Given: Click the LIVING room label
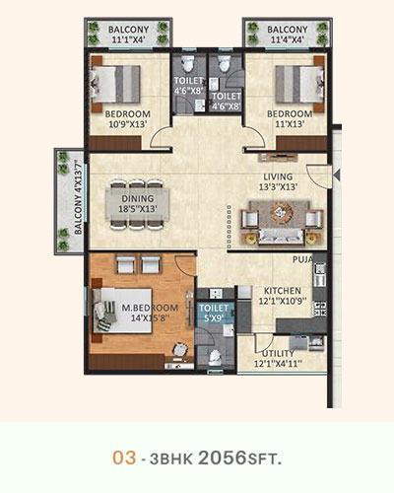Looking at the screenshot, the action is (x=278, y=176).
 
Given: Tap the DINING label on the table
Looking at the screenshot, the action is (x=138, y=198).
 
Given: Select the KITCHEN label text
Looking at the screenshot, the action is (x=283, y=291).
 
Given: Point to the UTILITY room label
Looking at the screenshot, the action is (x=278, y=353).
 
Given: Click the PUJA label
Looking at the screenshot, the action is (x=302, y=259).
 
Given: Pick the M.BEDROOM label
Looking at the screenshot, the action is (x=150, y=308).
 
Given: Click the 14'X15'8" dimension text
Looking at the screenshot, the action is (x=150, y=317).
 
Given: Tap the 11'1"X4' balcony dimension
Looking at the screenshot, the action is (x=129, y=40).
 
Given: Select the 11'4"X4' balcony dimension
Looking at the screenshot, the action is (x=288, y=40).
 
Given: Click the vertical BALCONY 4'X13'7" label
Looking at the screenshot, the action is (x=78, y=196).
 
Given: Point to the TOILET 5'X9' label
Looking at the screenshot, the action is (x=214, y=313).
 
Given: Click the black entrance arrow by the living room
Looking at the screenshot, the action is (x=336, y=175).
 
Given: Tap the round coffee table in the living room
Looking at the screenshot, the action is (x=281, y=212).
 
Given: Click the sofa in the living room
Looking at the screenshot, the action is (x=281, y=237).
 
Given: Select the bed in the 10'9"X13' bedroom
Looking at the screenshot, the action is (x=115, y=84).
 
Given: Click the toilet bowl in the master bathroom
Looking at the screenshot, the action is (x=215, y=357).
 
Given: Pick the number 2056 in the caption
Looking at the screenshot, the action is (x=223, y=458).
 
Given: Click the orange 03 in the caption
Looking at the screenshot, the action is (x=124, y=458).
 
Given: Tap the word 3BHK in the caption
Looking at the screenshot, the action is (x=171, y=459).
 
